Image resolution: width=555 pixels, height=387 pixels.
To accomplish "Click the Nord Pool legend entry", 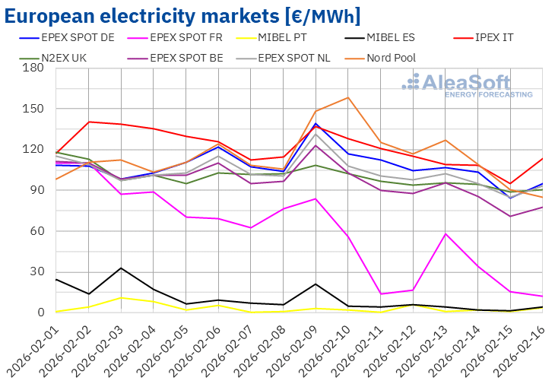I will (391, 57).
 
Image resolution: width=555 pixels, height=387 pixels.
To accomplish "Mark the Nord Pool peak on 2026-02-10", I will (347, 97).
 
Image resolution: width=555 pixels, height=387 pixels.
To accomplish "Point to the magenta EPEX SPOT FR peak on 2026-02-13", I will (445, 233).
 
